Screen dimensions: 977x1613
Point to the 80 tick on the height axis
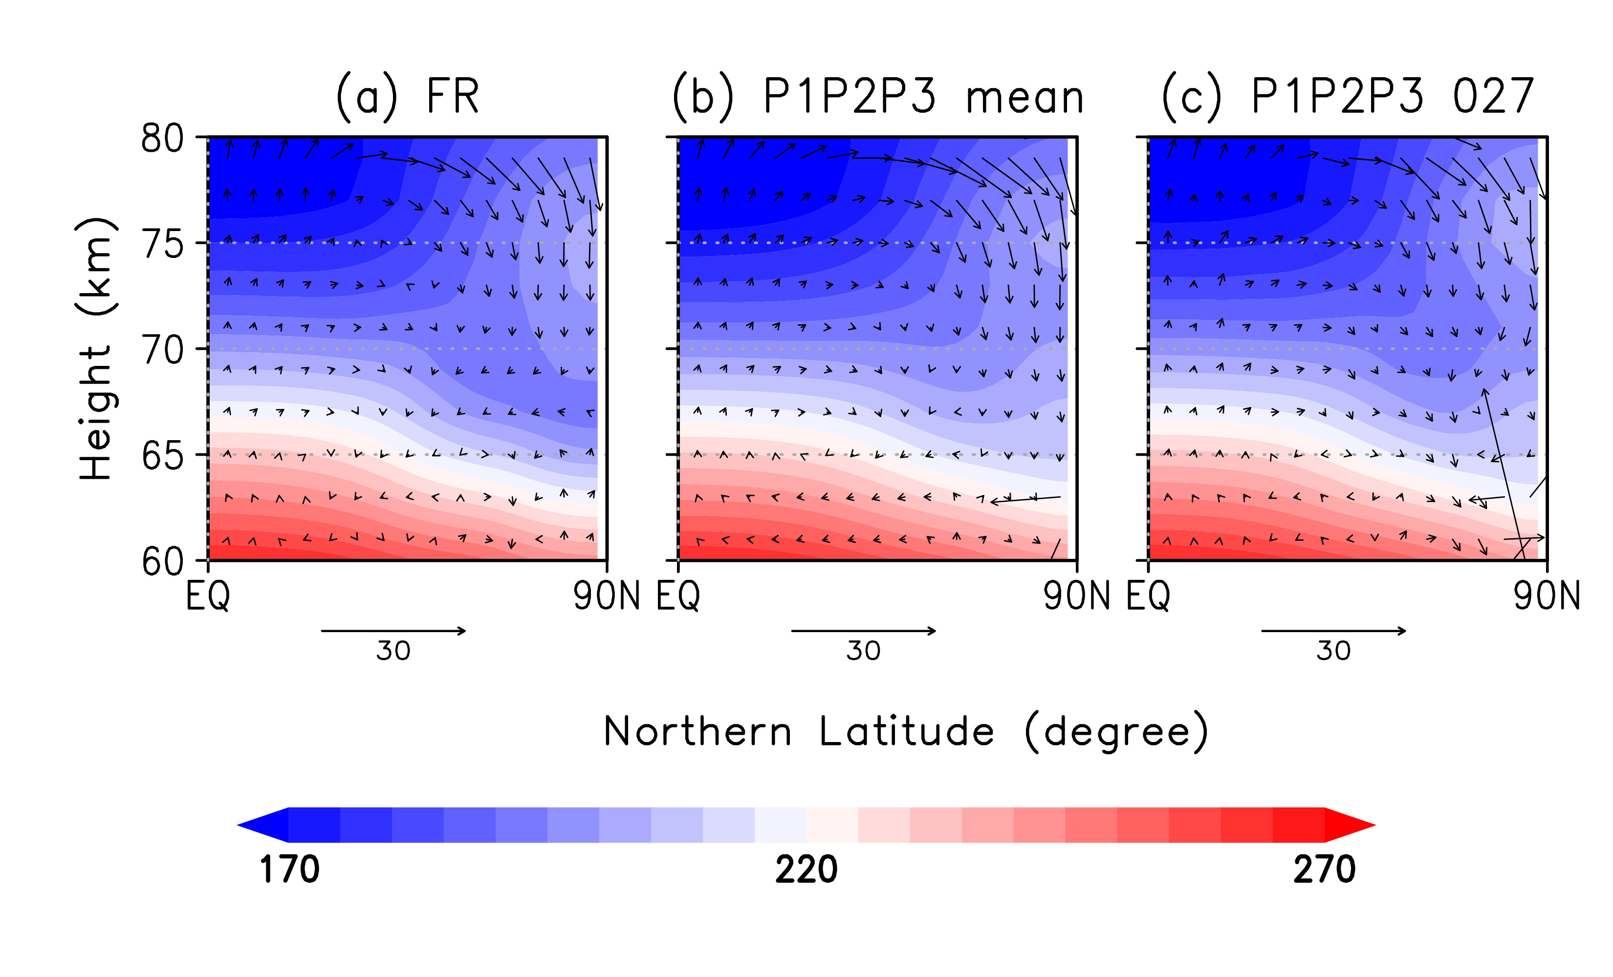point(162,139)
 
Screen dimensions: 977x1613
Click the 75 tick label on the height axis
point(162,245)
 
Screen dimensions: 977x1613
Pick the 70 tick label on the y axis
point(162,351)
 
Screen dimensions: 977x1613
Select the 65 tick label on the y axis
point(162,456)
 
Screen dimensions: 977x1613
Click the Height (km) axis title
point(96,349)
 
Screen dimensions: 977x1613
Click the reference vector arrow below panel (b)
point(864,631)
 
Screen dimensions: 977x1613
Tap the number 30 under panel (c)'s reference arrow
point(1333,651)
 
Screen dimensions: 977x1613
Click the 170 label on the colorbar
point(289,870)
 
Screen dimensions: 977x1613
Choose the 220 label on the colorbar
point(806,870)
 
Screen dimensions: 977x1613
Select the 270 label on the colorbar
point(1324,870)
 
